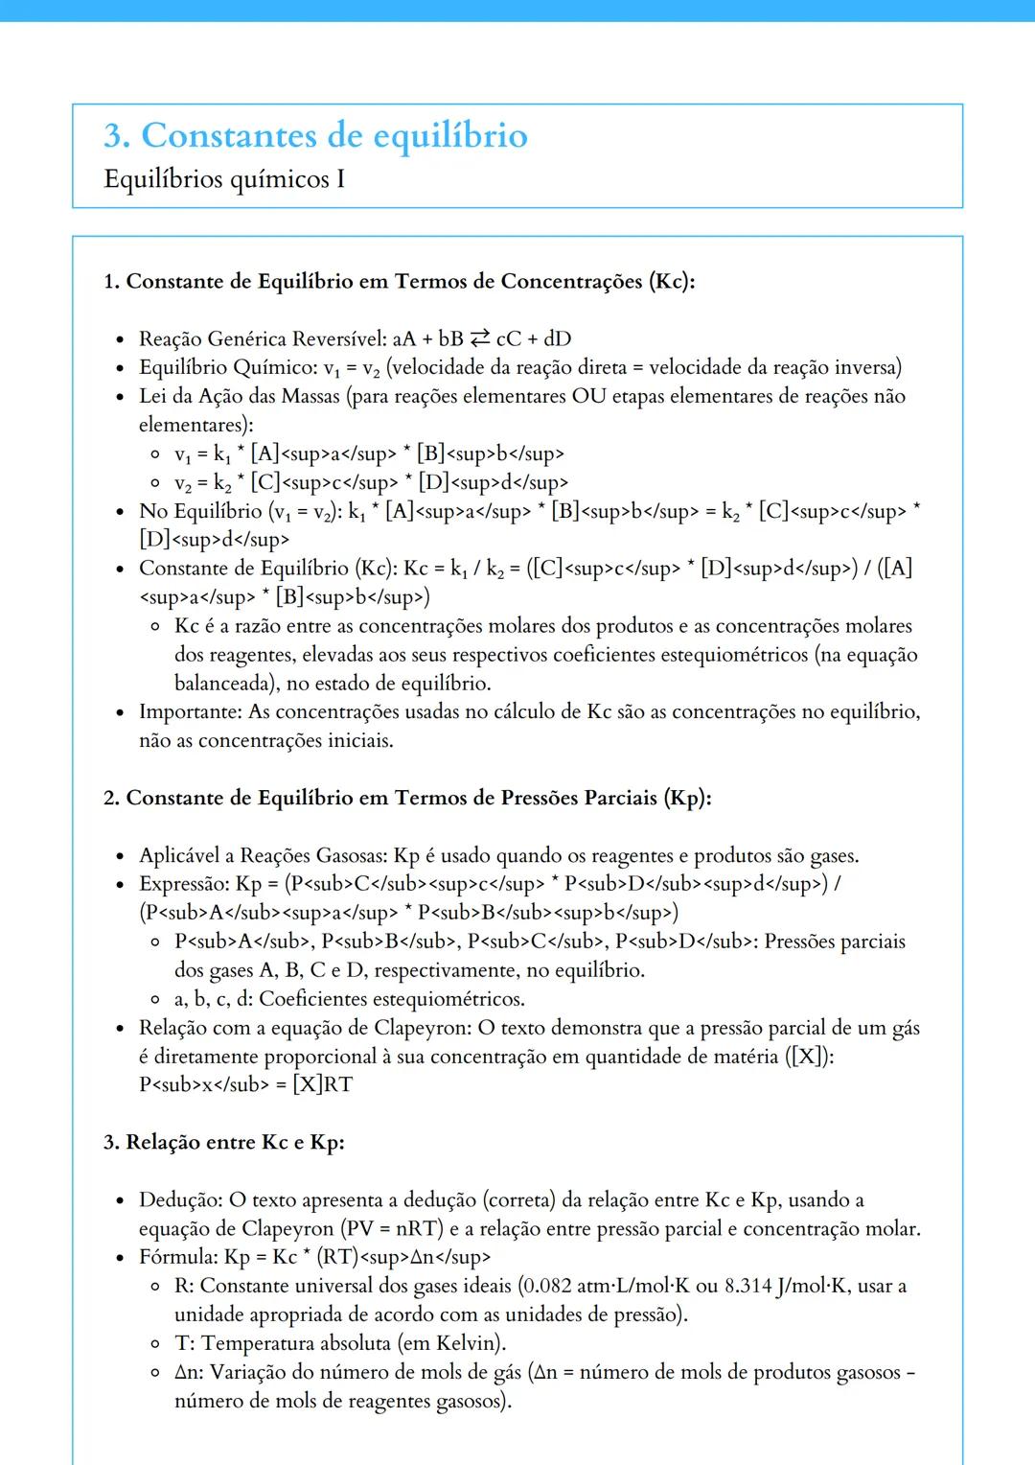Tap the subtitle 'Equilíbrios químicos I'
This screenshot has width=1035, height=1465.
click(x=224, y=179)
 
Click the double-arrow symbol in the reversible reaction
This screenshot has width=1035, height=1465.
click(x=479, y=338)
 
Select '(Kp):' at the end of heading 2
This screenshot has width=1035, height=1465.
click(x=687, y=798)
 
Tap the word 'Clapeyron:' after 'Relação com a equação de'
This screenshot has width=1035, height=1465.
click(x=422, y=1028)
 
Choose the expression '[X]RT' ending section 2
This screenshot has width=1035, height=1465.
click(x=323, y=1084)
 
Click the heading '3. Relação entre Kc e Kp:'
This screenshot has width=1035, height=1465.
click(x=224, y=1142)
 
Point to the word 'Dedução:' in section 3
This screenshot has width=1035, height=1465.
click(x=180, y=1199)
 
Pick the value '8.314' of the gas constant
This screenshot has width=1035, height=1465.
click(x=748, y=1286)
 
